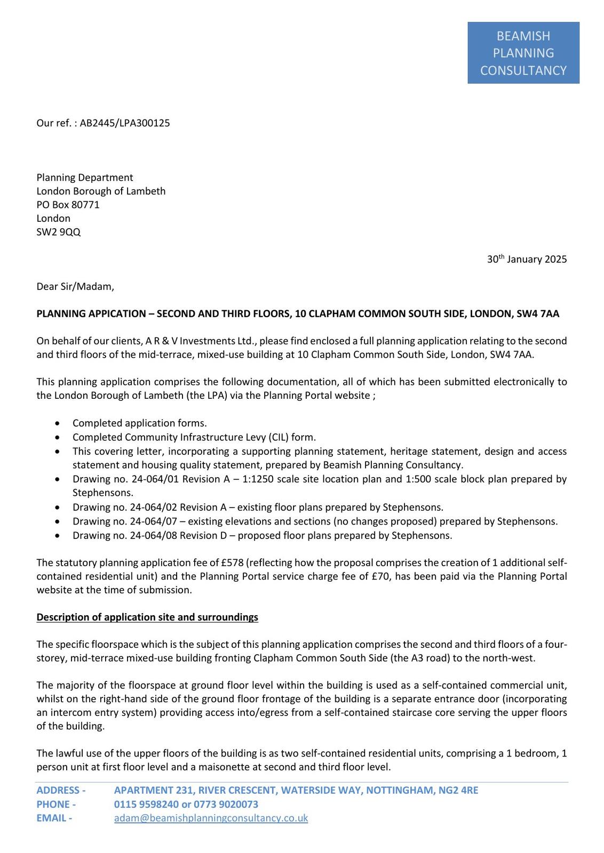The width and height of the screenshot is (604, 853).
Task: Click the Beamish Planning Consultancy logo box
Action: click(523, 53)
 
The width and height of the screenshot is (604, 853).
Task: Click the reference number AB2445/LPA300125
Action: click(125, 123)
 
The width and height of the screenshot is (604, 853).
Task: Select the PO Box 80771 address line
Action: click(68, 205)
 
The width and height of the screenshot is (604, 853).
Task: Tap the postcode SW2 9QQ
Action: click(59, 232)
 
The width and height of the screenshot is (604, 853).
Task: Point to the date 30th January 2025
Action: click(527, 260)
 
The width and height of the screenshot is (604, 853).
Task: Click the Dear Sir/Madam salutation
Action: click(75, 287)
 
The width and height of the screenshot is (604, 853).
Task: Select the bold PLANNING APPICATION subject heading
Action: click(298, 314)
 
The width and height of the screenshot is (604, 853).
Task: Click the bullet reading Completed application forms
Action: click(139, 423)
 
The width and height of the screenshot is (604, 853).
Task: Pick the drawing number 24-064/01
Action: click(155, 479)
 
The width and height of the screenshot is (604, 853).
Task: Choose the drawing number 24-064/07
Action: click(155, 521)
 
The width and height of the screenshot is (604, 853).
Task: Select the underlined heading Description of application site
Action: click(147, 617)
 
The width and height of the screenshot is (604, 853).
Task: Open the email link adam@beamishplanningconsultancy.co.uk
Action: click(211, 818)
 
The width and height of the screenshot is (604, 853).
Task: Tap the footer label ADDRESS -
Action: click(61, 791)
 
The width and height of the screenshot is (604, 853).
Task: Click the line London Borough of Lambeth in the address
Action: click(101, 191)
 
